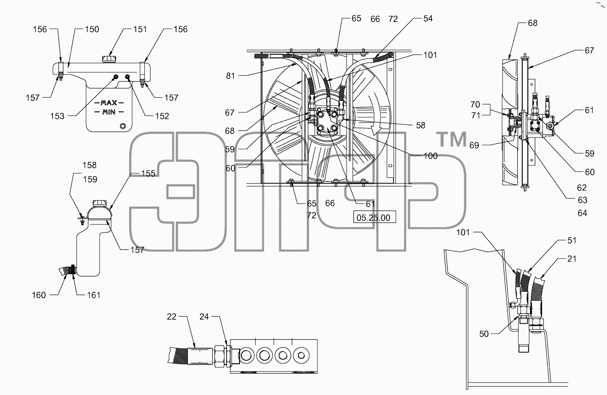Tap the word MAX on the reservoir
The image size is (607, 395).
point(109,103)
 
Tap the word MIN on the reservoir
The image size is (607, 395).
point(109,112)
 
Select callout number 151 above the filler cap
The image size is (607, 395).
point(140,29)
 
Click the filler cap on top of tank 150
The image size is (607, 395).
point(109,59)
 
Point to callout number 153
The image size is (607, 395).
point(57,116)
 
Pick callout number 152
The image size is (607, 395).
point(162,116)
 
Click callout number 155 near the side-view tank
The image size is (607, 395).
point(148,173)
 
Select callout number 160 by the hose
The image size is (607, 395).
point(39,295)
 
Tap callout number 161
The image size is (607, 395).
point(94,295)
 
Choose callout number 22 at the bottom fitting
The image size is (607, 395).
point(172,316)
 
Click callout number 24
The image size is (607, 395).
point(204,316)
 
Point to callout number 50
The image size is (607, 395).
point(484,334)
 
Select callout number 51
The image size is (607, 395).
point(572,240)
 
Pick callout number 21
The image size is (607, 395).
point(572,259)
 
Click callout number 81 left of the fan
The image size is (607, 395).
point(230,76)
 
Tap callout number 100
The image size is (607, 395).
point(430,156)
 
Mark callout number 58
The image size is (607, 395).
point(421,125)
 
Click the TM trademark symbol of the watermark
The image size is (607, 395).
point(452,139)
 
